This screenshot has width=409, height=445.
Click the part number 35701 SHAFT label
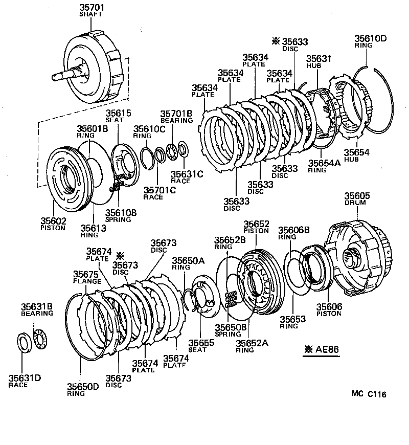click(90, 10)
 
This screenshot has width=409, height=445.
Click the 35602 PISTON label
click(53, 224)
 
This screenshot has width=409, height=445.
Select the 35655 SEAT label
click(197, 346)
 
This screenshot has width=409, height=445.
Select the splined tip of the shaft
click(55, 78)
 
